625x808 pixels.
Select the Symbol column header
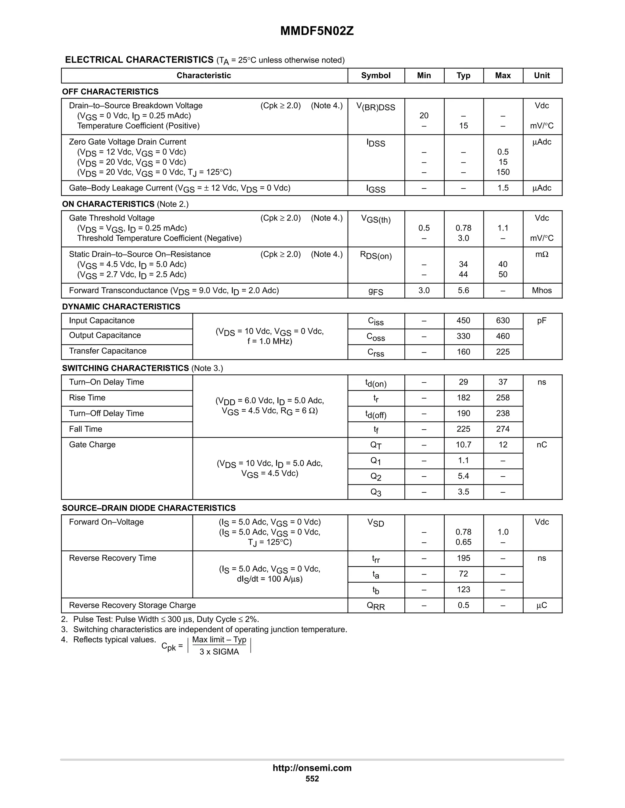pos(375,76)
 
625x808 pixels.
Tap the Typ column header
pos(463,76)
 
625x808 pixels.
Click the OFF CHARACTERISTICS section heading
pos(110,91)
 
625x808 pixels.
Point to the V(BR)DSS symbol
pos(375,107)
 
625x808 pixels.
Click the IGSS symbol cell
pos(375,189)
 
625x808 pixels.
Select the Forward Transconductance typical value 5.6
pos(463,290)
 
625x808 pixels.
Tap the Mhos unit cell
pos(542,290)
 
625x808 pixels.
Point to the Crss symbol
pos(375,352)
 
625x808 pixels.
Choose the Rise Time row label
pos(87,398)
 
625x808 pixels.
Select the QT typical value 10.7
pos(463,445)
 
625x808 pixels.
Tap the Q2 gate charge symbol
pos(375,477)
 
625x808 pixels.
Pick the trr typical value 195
pos(463,558)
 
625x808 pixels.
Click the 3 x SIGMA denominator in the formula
pos(219,652)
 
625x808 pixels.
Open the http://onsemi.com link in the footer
pos(312,768)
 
